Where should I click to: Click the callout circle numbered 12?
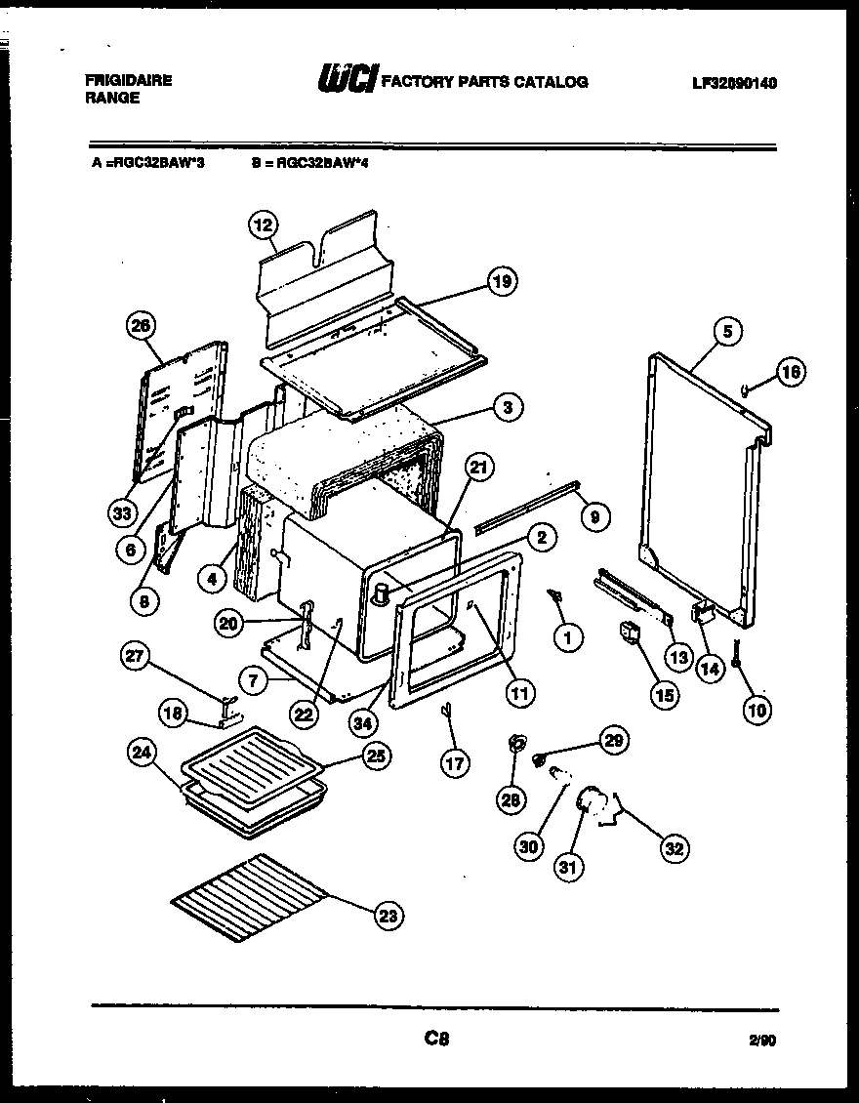click(x=261, y=225)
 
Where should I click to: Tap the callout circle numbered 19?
click(x=501, y=282)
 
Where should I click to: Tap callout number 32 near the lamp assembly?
click(x=674, y=848)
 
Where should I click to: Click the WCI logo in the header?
click(x=347, y=80)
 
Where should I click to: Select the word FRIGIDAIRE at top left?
click(x=128, y=81)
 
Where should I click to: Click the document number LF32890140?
click(x=734, y=83)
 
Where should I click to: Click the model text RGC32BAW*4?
click(x=309, y=164)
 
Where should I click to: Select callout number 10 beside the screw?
click(x=757, y=710)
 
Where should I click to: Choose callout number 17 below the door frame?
click(x=455, y=763)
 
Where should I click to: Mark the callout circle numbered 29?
click(x=613, y=741)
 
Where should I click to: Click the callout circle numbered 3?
click(x=507, y=408)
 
